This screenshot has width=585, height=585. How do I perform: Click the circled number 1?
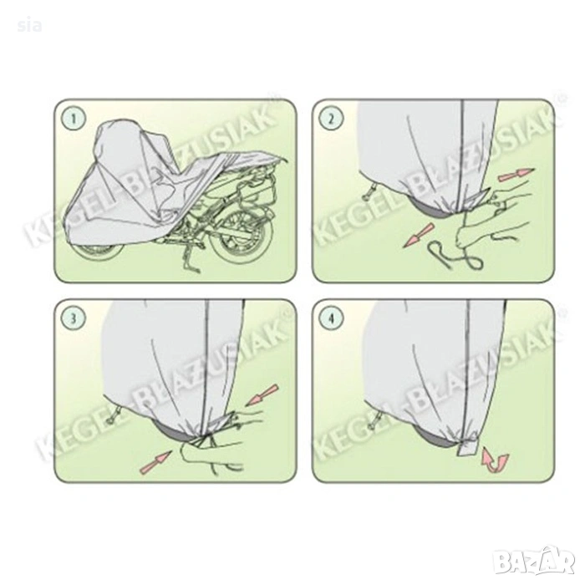74,119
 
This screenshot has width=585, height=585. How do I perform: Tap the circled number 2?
331,119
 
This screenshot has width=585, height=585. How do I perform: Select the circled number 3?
74,318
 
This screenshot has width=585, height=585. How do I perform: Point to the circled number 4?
331,318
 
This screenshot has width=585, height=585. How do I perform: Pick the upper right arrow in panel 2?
516,175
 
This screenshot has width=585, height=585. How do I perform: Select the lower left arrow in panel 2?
419,236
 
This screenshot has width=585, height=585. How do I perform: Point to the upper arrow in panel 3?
262,395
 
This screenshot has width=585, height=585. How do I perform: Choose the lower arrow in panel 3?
155,463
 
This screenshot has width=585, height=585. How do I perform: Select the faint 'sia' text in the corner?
29,26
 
